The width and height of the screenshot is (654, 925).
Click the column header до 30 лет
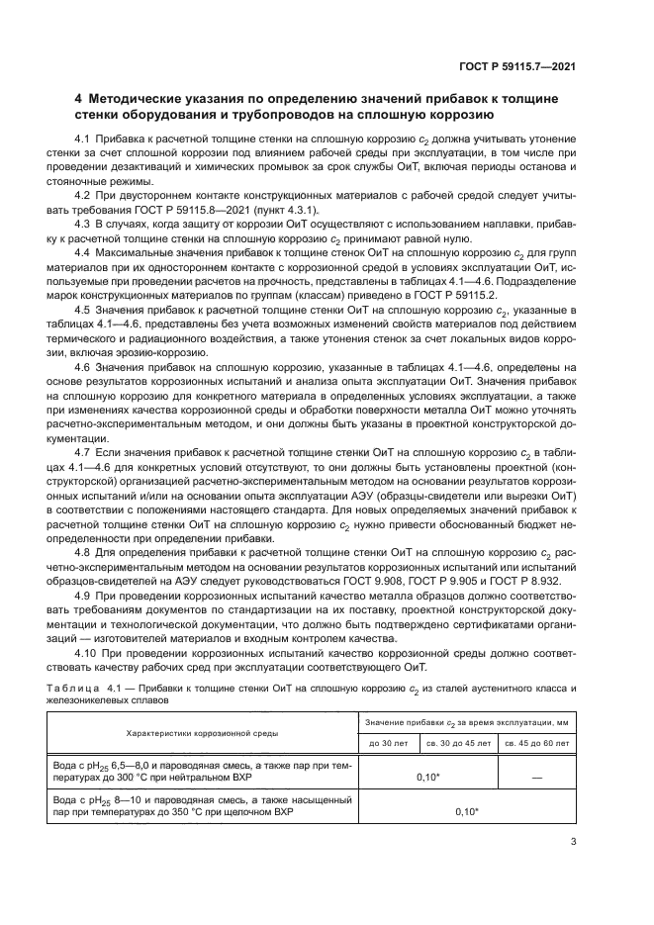click(x=387, y=741)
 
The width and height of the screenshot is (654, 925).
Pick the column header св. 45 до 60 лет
click(x=535, y=741)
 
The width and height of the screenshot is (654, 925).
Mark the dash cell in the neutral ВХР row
click(x=535, y=779)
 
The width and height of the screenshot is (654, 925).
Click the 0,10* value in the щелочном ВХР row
click(x=462, y=811)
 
